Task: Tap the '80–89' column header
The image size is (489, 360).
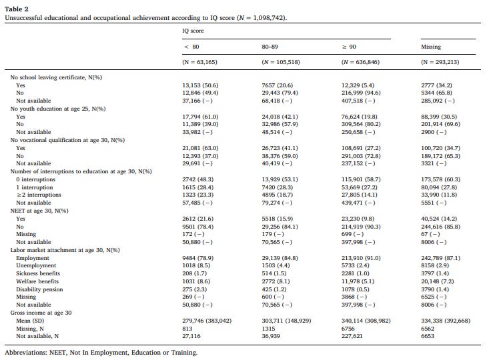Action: [270, 47]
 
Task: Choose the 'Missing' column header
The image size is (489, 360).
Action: [432, 47]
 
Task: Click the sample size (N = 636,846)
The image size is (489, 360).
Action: [360, 62]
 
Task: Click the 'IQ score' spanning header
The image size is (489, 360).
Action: [194, 31]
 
